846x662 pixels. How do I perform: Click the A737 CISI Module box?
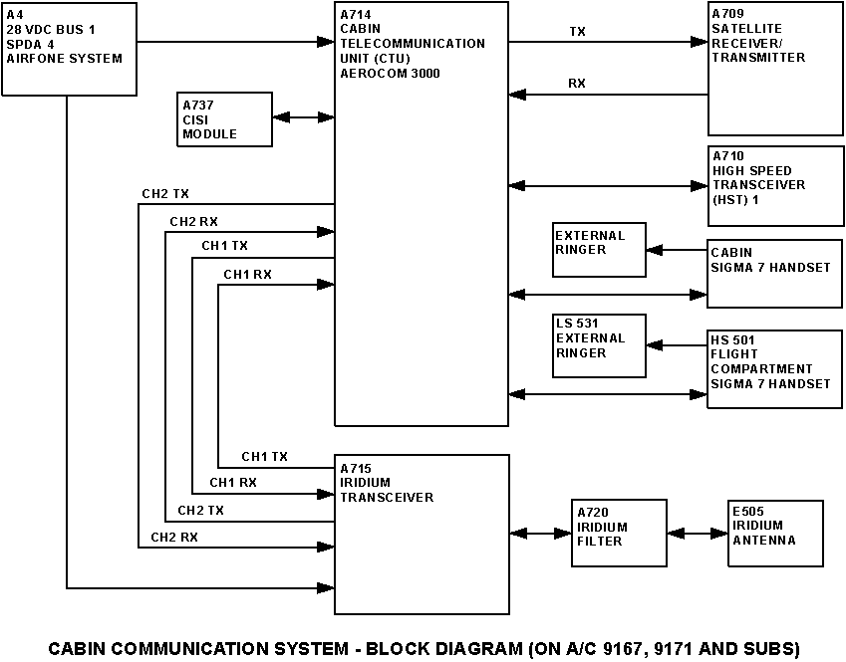pos(225,119)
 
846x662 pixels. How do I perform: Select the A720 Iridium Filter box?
pos(620,534)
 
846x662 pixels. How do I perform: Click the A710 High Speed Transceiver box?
pos(775,185)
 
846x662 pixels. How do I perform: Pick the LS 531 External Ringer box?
pos(600,346)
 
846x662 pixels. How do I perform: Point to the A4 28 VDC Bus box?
pos(70,49)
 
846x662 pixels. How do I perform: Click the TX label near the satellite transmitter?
pos(577,32)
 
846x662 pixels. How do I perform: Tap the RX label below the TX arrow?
pos(577,84)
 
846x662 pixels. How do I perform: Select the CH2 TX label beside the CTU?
pos(164,193)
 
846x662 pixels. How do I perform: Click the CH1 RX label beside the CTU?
pos(248,274)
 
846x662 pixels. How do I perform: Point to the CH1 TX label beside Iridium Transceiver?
pos(264,457)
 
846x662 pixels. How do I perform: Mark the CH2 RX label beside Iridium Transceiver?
pos(174,538)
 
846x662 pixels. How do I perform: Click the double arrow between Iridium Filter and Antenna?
pos(699,534)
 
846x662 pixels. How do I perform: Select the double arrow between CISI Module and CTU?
pos(303,117)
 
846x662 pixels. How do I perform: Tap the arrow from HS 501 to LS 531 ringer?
pos(677,346)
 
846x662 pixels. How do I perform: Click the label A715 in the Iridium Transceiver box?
pos(356,467)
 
